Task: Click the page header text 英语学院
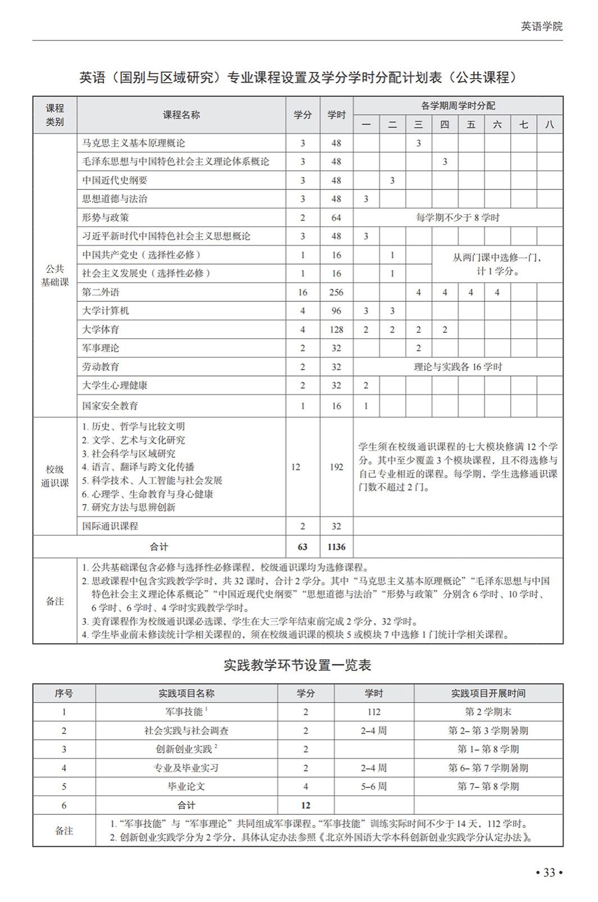pos(541,26)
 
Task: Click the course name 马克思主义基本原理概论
pos(133,143)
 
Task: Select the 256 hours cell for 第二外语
pos(336,292)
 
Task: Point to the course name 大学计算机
pos(106,311)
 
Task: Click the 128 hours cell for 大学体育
pos(336,330)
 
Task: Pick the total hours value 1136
pos(336,546)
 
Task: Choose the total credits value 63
pos(302,546)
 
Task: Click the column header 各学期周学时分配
pos(457,106)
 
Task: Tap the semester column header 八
pos(549,124)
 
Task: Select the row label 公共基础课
pos(55,275)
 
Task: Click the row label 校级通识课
pos(55,476)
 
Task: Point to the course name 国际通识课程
pos(110,526)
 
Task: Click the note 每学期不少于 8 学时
pos(457,217)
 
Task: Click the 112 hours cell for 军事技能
pos(374,712)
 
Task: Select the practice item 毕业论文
pos(186,786)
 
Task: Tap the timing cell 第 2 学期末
pos(488,712)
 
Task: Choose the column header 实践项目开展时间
pos(488,694)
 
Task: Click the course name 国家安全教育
pos(110,406)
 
